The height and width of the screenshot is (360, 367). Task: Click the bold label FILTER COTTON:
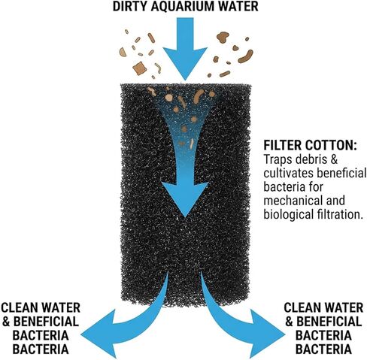tap(310, 145)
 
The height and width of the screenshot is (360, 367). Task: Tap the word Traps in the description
tap(278, 159)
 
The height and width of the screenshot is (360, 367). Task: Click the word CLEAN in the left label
tap(17, 308)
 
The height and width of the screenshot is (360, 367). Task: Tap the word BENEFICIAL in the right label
tap(329, 322)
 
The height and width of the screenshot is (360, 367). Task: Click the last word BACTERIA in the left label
tap(41, 349)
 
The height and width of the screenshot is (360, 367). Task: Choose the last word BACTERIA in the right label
tap(323, 349)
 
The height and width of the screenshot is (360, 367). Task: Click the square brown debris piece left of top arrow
tap(138, 68)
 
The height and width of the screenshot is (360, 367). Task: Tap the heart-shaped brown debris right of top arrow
tap(223, 37)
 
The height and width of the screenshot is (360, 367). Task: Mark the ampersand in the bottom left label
tap(6, 322)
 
